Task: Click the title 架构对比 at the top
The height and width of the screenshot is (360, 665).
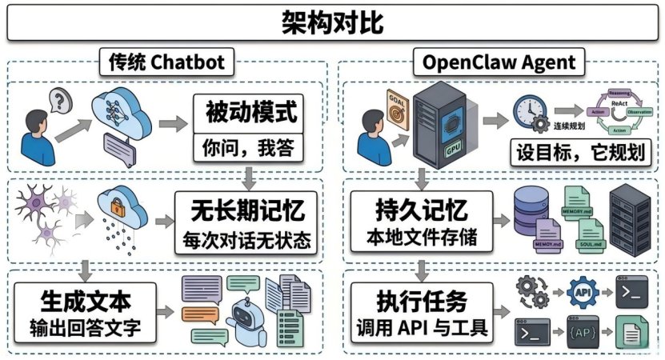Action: pos(332,22)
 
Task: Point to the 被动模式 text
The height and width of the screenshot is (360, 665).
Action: pos(246,113)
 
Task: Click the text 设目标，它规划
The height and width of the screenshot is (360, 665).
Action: pos(579,152)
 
